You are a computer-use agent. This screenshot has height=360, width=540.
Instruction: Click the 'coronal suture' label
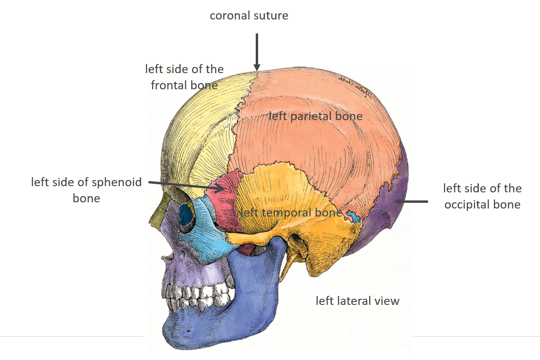249,16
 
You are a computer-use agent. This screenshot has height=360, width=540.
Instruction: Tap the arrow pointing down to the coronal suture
257,52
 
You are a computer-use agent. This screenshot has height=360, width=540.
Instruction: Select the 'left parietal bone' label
316,116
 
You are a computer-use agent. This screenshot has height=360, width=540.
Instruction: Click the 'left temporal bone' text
291,212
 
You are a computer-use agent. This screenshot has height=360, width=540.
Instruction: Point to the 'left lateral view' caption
357,301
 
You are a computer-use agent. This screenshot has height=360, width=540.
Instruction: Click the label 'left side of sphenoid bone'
87,190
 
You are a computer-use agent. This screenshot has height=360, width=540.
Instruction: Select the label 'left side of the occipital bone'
482,196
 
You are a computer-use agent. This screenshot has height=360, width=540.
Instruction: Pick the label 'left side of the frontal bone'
184,77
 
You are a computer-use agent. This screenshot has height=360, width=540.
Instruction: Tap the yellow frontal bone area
200,128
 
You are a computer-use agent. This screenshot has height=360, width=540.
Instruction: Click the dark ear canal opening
296,240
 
